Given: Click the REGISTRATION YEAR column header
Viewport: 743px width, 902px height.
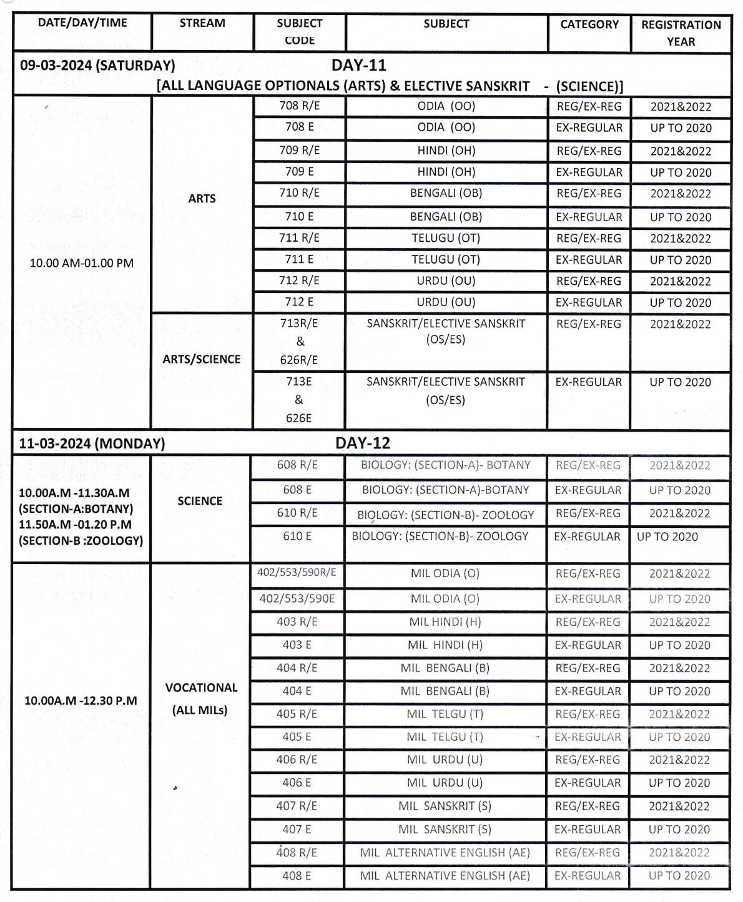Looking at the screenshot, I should [681, 33].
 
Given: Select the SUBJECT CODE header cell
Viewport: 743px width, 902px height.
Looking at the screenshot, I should [299, 32].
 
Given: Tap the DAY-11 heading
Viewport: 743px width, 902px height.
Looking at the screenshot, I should [359, 66].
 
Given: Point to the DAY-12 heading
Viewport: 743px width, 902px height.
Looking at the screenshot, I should [363, 443].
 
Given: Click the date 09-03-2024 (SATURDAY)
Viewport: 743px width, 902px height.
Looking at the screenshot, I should [97, 66].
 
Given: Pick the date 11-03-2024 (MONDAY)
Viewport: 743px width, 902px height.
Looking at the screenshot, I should [92, 444].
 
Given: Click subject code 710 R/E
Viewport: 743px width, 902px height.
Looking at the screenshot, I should [299, 193].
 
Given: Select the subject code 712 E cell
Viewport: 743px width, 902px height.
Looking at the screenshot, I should [299, 302].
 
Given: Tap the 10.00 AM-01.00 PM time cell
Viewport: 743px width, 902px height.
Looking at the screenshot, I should [82, 263].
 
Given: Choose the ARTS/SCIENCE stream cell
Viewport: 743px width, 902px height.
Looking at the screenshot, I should [202, 359].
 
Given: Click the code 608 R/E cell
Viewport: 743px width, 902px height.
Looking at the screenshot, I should [297, 465].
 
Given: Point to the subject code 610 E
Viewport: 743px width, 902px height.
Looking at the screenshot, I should [297, 536].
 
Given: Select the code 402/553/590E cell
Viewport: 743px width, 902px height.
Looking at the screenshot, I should [297, 598].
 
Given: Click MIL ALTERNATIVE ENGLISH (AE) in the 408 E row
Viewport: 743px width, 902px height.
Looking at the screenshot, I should [445, 876].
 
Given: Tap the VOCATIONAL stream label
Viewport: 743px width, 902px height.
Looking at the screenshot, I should [201, 688].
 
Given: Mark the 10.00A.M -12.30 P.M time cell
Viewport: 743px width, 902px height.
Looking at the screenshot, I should [81, 701].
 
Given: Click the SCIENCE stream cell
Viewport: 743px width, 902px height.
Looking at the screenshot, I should [200, 501].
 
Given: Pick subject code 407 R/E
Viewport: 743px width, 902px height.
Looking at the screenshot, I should [297, 806].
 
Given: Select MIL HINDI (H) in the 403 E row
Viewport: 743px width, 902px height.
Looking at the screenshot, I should [445, 645].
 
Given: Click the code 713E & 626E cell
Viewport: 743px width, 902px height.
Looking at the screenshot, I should [298, 400].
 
